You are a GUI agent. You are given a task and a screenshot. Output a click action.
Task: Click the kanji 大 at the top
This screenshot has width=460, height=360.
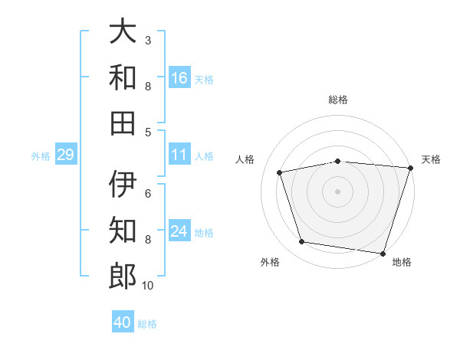pos(123,31)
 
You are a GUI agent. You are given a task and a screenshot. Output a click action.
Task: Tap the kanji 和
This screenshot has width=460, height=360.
pos(123,77)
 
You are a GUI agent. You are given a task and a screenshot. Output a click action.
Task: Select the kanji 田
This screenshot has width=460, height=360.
pos(123,123)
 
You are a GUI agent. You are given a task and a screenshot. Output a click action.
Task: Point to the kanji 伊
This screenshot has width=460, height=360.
pos(123,184)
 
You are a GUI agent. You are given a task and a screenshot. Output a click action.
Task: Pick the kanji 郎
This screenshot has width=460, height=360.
pos(123,276)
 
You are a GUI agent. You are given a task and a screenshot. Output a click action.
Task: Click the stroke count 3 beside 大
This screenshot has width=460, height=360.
pos(148,40)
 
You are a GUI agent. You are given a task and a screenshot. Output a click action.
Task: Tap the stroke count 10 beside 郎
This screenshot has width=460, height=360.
pos(147,285)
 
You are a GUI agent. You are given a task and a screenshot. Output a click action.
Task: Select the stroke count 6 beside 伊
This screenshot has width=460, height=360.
pos(148,194)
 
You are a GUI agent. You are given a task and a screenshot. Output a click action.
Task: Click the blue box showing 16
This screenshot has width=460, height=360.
pos(179,77)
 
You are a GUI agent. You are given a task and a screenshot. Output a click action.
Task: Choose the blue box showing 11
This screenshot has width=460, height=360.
pos(179,154)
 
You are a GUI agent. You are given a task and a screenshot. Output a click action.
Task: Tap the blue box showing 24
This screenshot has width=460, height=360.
pos(179,230)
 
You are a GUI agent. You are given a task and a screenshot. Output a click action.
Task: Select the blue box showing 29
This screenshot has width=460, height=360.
pos(66,154)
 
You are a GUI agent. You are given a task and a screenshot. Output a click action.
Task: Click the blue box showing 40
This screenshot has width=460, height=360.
pos(123,321)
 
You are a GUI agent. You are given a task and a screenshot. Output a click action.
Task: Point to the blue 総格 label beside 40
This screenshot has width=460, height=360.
pos(147,324)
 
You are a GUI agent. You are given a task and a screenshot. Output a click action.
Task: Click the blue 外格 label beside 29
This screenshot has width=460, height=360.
pos(41,156)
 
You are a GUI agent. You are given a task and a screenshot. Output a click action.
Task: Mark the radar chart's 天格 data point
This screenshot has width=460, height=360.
pos(411,168)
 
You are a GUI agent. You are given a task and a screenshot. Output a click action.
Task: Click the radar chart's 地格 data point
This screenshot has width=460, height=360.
pos(383,254)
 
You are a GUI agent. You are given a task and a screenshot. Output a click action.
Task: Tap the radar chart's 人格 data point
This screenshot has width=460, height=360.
pos(280,172)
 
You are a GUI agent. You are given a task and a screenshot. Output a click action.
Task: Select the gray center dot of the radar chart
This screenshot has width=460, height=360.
pos(337,191)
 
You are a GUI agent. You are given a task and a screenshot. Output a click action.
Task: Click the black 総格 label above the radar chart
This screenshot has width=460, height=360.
pos(338,100)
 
